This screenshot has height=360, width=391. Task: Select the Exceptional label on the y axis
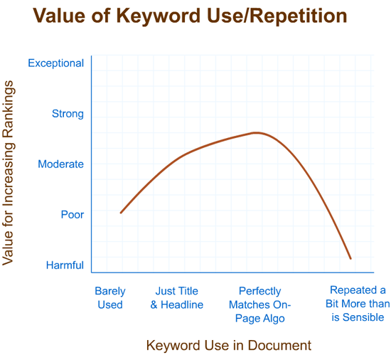click(55, 63)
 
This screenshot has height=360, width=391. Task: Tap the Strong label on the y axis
click(68, 114)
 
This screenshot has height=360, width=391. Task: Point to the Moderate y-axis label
click(60, 164)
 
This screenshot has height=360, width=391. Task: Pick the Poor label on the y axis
click(72, 215)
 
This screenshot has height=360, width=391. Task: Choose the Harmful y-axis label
click(65, 265)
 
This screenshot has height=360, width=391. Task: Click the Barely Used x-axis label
click(110, 298)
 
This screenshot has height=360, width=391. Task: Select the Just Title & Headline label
click(176, 298)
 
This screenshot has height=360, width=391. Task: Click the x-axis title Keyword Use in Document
click(228, 346)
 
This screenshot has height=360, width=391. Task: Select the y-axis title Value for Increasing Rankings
click(9, 173)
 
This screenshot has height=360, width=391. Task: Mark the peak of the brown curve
click(257, 132)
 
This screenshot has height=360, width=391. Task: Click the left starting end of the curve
click(121, 213)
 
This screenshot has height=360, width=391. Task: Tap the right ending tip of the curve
click(351, 258)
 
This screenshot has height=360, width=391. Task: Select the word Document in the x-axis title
click(284, 346)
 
